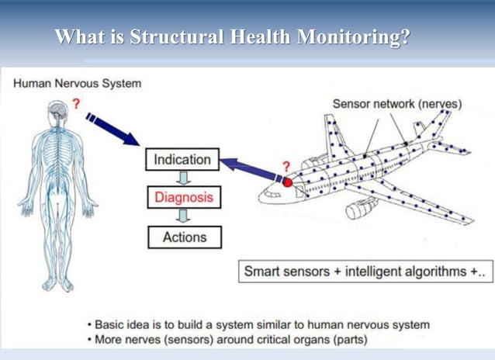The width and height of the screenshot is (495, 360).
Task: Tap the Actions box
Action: point(184,237)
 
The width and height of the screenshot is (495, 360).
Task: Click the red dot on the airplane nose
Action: point(287,183)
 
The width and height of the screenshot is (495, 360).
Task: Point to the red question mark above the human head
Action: point(76,103)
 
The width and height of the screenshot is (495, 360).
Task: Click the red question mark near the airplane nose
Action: point(286,166)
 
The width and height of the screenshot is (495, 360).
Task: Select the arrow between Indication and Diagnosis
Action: point(184,178)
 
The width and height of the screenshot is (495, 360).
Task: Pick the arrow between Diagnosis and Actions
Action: point(184,216)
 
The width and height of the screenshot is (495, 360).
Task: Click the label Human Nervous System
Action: point(78,83)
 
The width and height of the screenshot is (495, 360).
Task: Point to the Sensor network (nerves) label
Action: point(397,103)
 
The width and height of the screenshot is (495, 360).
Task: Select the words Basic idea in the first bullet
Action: point(121,324)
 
